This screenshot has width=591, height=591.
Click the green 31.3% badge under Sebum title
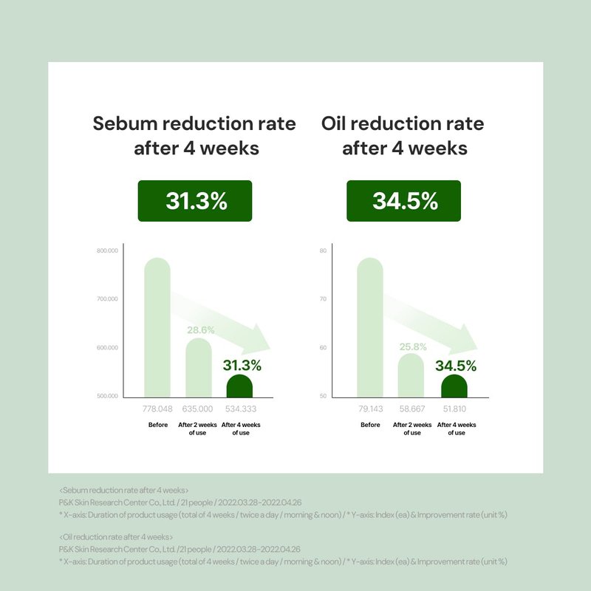coord(195,201)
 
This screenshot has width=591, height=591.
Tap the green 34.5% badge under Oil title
coord(403,201)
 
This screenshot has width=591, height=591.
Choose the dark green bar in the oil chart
coord(454,386)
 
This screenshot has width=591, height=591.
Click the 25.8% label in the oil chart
coord(411,346)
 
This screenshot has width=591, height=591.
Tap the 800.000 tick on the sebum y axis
coord(107,251)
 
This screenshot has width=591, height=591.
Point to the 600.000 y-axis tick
coord(107,348)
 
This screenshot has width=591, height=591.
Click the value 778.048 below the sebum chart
coord(157,409)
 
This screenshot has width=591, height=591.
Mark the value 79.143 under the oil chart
coord(370,409)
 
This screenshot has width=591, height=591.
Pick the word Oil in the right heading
coord(336,123)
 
